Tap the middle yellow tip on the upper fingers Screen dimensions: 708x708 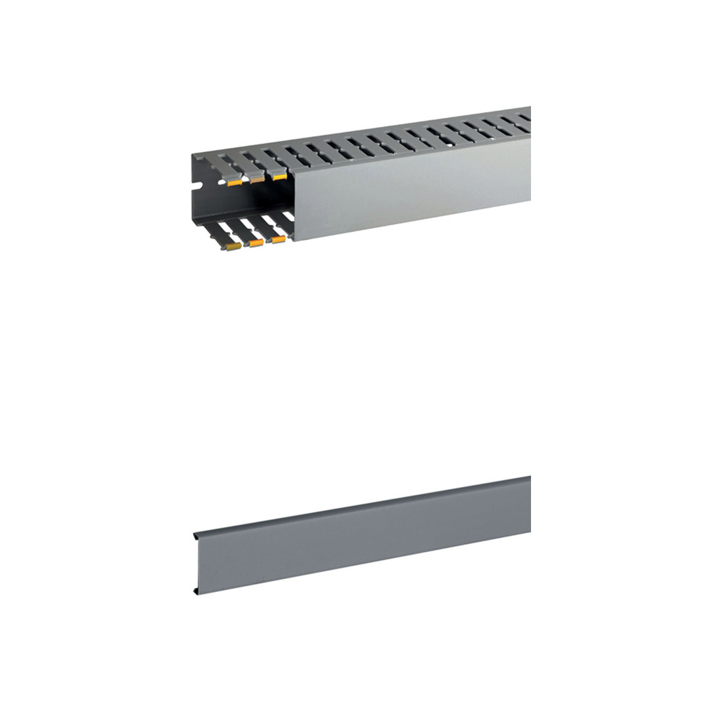(x=256, y=180)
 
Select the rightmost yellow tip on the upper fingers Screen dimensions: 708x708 (x=279, y=176)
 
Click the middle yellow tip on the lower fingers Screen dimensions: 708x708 (x=256, y=243)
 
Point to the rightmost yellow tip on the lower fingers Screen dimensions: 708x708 (x=279, y=239)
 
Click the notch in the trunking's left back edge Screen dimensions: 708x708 (x=195, y=194)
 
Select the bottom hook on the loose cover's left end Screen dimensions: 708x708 (x=197, y=592)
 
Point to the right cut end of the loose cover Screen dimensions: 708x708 (x=528, y=505)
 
